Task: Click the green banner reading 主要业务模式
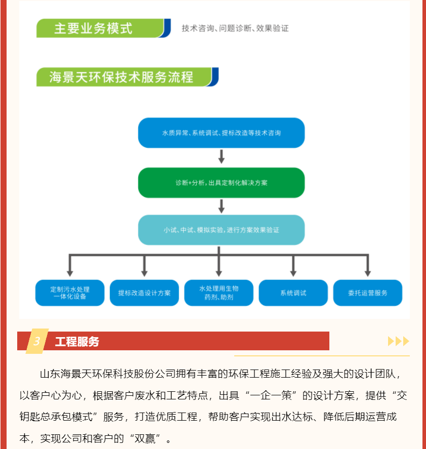click(x=103, y=28)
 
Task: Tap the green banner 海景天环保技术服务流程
click(x=127, y=77)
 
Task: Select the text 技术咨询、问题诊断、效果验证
click(x=235, y=28)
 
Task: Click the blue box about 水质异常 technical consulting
click(x=221, y=133)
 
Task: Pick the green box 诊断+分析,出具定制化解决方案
click(x=221, y=183)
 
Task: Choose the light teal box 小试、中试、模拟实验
click(x=221, y=230)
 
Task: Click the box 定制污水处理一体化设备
click(x=70, y=293)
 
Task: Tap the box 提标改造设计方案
click(x=144, y=293)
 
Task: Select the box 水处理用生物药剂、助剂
click(x=219, y=293)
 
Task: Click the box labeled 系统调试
click(x=293, y=293)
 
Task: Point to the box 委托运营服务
click(x=368, y=293)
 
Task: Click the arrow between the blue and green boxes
click(x=221, y=156)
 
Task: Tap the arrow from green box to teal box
click(x=221, y=207)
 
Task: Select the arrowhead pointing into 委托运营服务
click(x=368, y=273)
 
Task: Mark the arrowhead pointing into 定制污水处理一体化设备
click(x=70, y=273)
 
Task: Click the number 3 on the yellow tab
click(x=36, y=341)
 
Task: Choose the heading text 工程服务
click(x=77, y=342)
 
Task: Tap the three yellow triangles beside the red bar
click(x=399, y=341)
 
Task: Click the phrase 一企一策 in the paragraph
click(x=271, y=395)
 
